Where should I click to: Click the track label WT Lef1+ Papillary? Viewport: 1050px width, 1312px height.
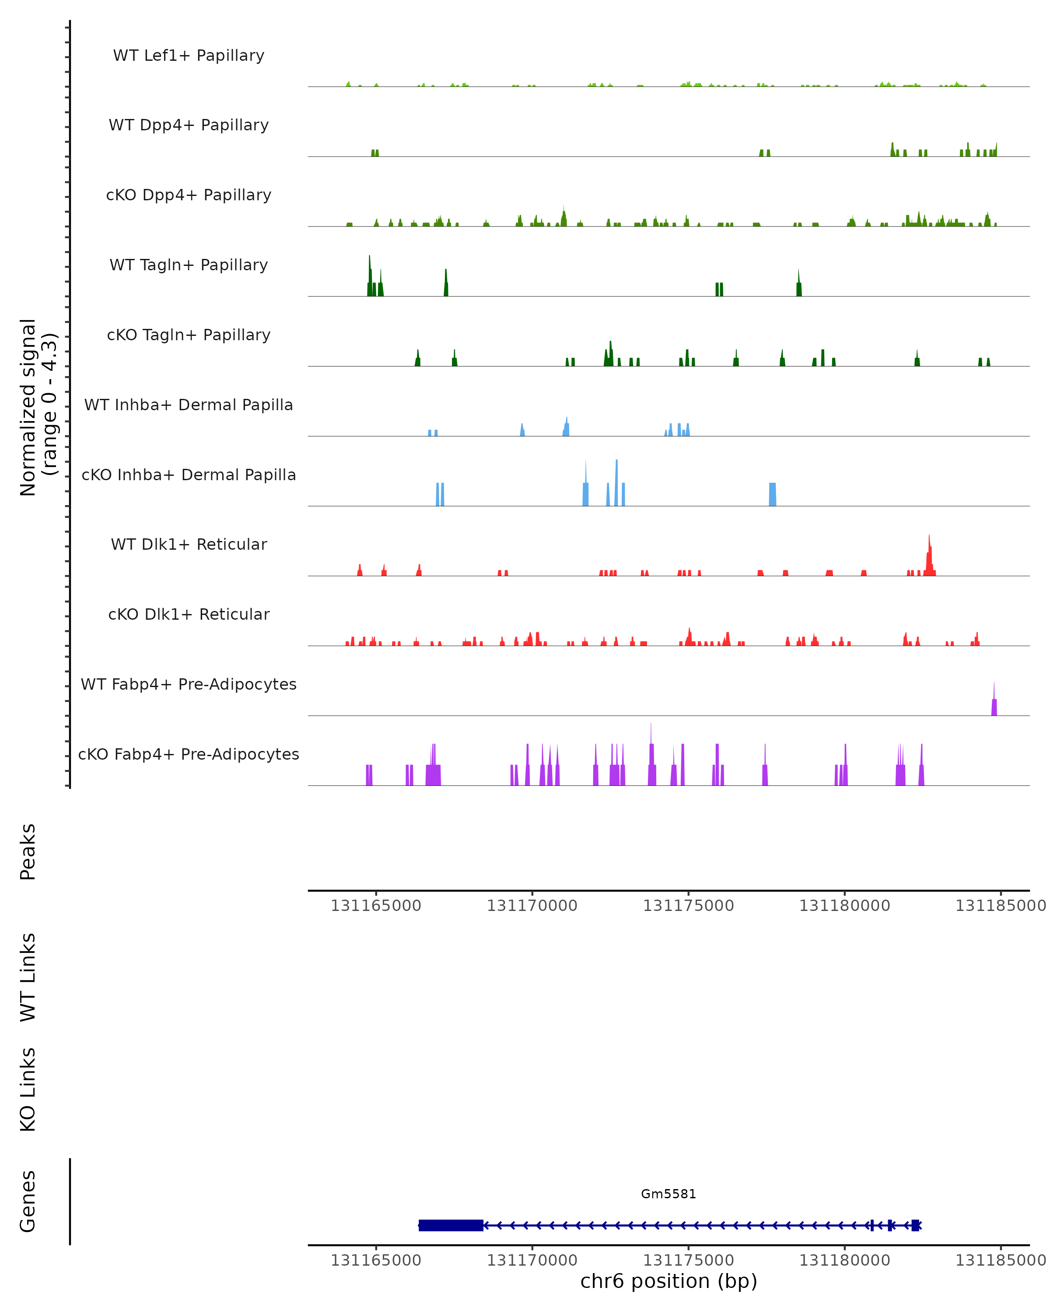point(189,56)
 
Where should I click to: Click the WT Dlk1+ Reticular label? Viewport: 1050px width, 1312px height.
point(189,544)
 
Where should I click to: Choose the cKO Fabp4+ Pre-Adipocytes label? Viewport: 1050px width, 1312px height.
point(189,754)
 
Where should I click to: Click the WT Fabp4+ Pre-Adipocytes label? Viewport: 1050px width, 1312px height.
point(189,684)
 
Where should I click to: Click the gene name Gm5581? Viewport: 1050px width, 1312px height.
point(668,1194)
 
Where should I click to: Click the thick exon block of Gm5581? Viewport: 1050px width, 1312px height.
point(451,1225)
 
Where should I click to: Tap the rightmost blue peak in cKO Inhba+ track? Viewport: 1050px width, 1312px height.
point(773,494)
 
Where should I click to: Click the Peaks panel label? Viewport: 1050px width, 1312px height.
point(28,852)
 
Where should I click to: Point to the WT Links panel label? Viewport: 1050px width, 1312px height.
point(28,977)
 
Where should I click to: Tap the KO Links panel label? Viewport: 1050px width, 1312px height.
point(28,1089)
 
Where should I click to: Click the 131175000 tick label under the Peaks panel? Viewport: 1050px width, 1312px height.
point(689,906)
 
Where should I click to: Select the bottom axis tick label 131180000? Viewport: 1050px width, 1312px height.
point(844,1260)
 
